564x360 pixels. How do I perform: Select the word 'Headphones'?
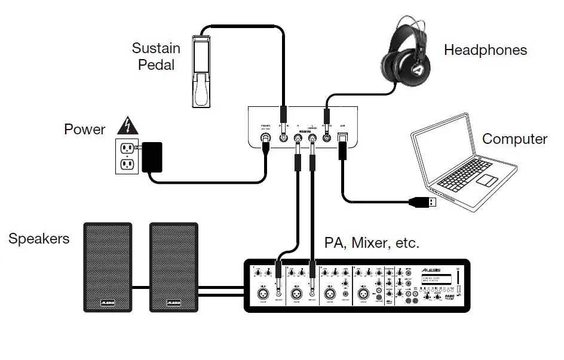[485, 50]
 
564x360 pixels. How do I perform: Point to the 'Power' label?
[85, 130]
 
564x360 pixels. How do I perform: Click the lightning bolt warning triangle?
[126, 126]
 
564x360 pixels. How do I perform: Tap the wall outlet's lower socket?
[125, 164]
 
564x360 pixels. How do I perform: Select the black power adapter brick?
[152, 156]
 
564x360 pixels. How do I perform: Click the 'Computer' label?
[514, 139]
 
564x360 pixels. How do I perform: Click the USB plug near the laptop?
[426, 203]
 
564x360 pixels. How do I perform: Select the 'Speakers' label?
[39, 239]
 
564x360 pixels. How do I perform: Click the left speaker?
[107, 267]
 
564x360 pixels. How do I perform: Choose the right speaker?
[173, 267]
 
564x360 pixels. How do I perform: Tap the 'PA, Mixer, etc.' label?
[372, 243]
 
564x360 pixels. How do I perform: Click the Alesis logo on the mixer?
[435, 269]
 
